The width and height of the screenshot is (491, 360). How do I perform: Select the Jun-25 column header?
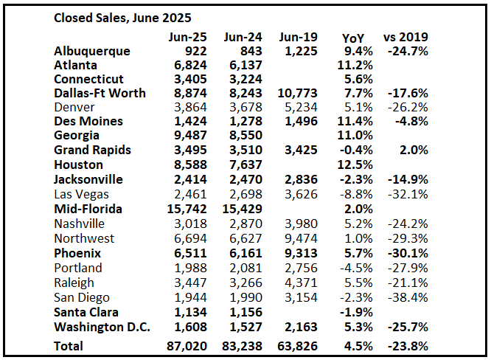click(187, 37)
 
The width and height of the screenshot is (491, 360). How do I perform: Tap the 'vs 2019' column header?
click(405, 37)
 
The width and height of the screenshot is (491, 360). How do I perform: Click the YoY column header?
click(353, 37)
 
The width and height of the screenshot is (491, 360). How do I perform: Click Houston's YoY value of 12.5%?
click(350, 164)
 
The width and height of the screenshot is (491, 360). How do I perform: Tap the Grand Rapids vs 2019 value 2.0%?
click(413, 150)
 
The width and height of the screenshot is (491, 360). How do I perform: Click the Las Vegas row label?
click(81, 194)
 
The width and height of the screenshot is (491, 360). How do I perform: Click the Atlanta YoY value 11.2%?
click(350, 65)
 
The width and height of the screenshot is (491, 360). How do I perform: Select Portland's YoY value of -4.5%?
click(350, 267)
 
